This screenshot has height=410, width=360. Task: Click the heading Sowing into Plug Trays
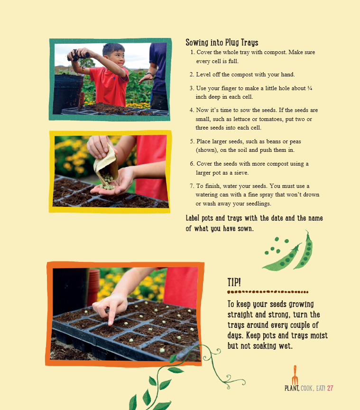[222, 42]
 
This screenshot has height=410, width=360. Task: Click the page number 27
[330, 388]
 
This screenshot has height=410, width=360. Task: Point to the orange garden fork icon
[295, 375]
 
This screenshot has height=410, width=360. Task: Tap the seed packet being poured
[105, 163]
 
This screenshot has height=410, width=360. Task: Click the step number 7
[192, 186]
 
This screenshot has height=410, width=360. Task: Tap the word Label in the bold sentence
[194, 218]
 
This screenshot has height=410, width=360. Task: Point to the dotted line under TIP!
[268, 292]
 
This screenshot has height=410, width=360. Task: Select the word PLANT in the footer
[292, 388]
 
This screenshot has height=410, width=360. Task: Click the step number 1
[192, 52]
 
